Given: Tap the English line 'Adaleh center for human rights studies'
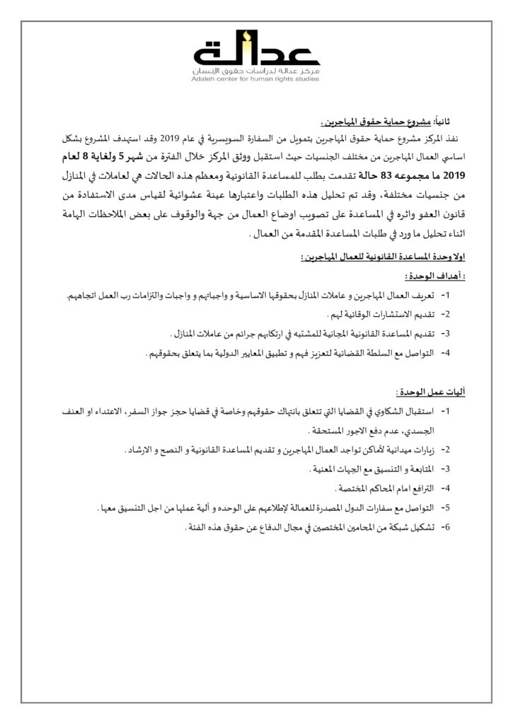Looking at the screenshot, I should click(x=256, y=80).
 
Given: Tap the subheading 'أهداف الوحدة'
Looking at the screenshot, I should click(x=429, y=276).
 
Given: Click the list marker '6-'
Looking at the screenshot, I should click(x=446, y=527).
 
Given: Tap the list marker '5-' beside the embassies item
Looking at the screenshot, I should click(x=446, y=508).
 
